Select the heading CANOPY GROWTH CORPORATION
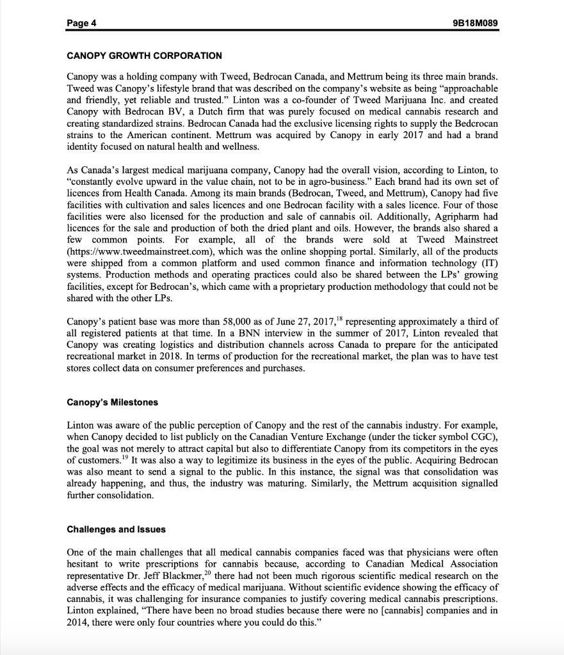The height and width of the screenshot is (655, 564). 144,56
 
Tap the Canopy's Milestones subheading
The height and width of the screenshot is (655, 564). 112,403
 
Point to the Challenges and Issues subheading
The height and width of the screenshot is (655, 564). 116,529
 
